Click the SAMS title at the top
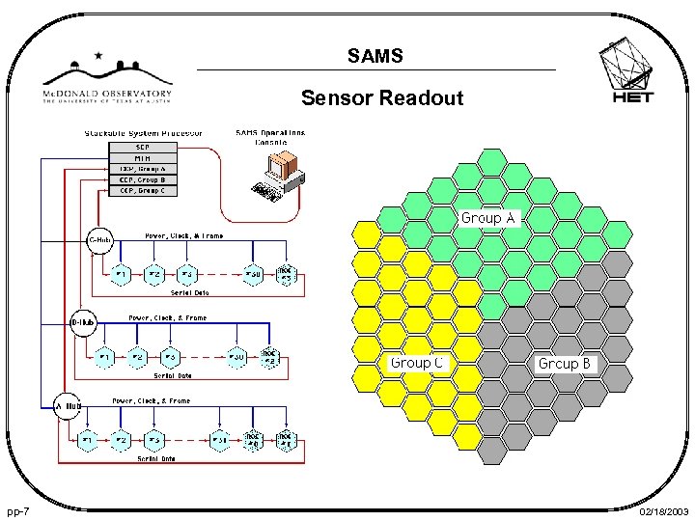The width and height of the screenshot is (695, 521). [375, 57]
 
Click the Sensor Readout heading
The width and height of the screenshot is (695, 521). [382, 97]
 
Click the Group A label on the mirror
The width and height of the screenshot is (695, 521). [489, 218]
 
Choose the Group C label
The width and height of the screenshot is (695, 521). [416, 363]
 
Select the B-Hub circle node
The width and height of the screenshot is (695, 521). [82, 322]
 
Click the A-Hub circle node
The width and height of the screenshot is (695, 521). [68, 406]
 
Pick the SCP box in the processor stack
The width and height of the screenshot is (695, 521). [142, 148]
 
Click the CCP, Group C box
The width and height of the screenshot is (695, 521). [142, 191]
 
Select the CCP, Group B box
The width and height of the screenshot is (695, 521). [142, 179]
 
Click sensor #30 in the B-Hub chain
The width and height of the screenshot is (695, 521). [236, 357]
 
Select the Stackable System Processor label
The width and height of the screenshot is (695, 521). [143, 132]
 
